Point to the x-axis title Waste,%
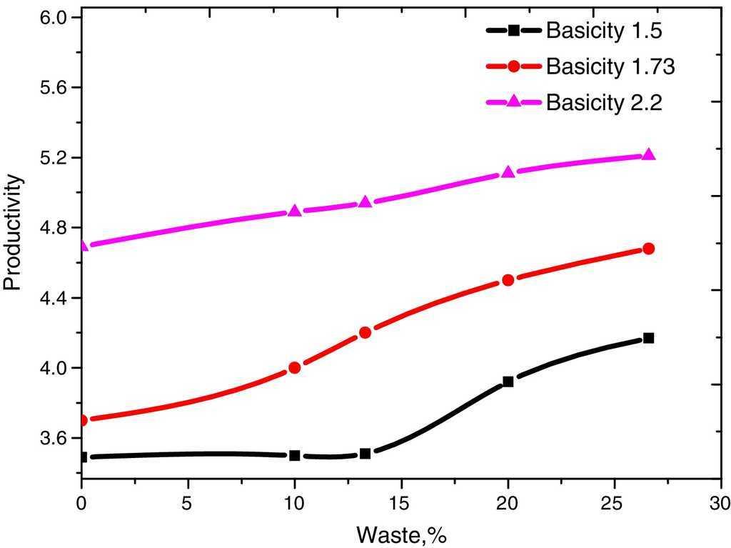pyautogui.click(x=401, y=534)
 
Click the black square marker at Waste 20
pyautogui.click(x=508, y=382)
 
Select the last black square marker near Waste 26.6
pyautogui.click(x=648, y=338)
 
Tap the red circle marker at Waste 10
pyautogui.click(x=295, y=368)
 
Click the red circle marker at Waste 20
pyautogui.click(x=508, y=280)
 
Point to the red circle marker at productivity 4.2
pyautogui.click(x=365, y=332)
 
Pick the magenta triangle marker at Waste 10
pyautogui.click(x=295, y=211)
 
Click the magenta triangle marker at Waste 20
pyautogui.click(x=508, y=172)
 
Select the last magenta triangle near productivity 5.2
pyautogui.click(x=648, y=154)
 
